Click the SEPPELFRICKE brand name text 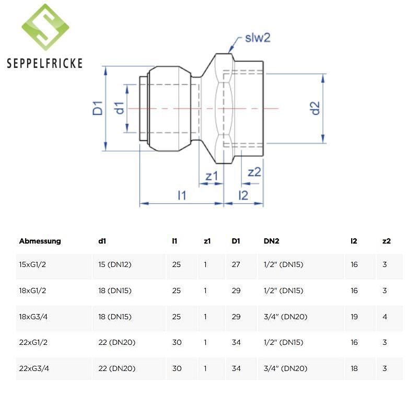(x=45, y=64)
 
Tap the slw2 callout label (x=257, y=38)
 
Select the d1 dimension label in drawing (x=120, y=108)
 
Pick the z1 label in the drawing (x=212, y=176)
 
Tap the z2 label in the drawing (x=254, y=172)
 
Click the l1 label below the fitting (x=182, y=195)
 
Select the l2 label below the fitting (x=243, y=195)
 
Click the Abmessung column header (x=40, y=241)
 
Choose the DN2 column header (x=272, y=241)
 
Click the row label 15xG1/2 (x=32, y=265)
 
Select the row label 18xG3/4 (x=33, y=317)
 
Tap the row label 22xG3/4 (x=33, y=368)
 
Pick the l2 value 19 (x=354, y=317)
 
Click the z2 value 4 (x=385, y=317)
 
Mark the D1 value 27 (x=236, y=265)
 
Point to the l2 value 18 (x=354, y=368)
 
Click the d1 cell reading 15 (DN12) (x=114, y=265)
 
